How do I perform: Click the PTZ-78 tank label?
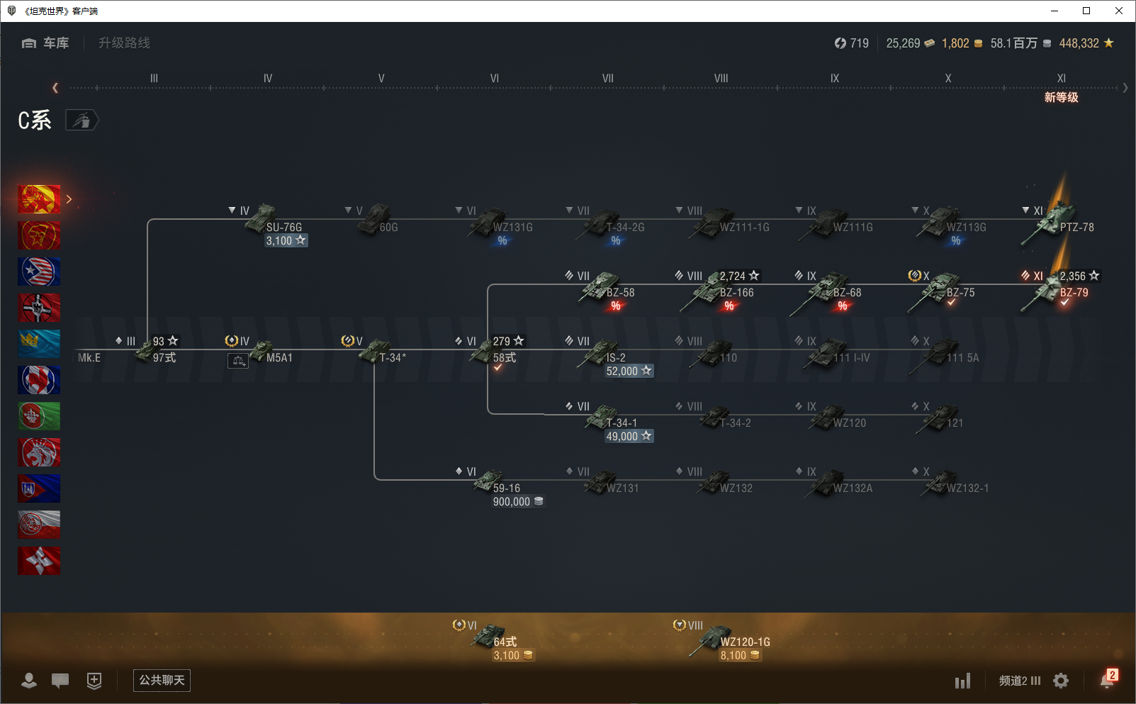[x=1076, y=228]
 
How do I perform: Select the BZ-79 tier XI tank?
[x=1073, y=293]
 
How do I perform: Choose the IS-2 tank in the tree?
[x=615, y=358]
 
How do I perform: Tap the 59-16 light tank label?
[x=506, y=488]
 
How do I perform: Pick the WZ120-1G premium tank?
[x=744, y=642]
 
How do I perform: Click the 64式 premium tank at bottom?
[x=505, y=642]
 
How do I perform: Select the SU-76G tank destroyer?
[x=283, y=228]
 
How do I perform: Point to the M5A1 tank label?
[x=279, y=358]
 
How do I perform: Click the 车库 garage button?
[x=46, y=43]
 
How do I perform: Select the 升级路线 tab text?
[x=124, y=43]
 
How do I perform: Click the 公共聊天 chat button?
[x=162, y=681]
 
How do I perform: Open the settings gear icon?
[x=1061, y=681]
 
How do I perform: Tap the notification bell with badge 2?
[x=1108, y=680]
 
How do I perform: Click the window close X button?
[x=1119, y=11]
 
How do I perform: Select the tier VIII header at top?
[x=721, y=79]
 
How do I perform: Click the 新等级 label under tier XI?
[x=1061, y=98]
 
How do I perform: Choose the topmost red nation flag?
[x=39, y=199]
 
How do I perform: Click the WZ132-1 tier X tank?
[x=967, y=488]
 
